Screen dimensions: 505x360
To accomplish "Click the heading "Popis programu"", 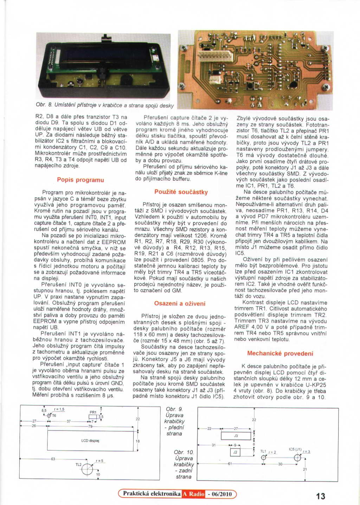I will click(x=81, y=180).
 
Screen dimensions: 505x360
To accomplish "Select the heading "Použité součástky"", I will click(x=181, y=192).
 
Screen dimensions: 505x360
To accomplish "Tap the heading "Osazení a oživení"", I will click(x=180, y=303).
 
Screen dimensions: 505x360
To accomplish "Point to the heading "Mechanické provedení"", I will click(x=280, y=353).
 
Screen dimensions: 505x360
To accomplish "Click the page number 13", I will click(x=320, y=496).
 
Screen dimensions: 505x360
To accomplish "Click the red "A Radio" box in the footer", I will click(x=193, y=494).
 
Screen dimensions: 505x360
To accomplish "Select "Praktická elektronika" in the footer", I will click(x=152, y=494).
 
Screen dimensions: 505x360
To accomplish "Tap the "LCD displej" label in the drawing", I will click(x=90, y=441).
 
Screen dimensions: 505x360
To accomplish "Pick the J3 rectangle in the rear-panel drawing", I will click(x=236, y=436).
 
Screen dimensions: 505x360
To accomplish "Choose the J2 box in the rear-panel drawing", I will click(x=235, y=452).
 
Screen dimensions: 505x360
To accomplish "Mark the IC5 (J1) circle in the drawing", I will click(x=297, y=458).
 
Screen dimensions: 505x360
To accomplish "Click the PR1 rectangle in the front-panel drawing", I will click(x=93, y=417).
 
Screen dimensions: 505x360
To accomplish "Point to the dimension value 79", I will click(x=90, y=426).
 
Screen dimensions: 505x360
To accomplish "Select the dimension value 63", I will click(x=53, y=459).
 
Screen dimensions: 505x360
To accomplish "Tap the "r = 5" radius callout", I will click(x=99, y=461).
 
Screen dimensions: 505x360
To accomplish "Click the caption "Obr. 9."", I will click(x=174, y=409).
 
